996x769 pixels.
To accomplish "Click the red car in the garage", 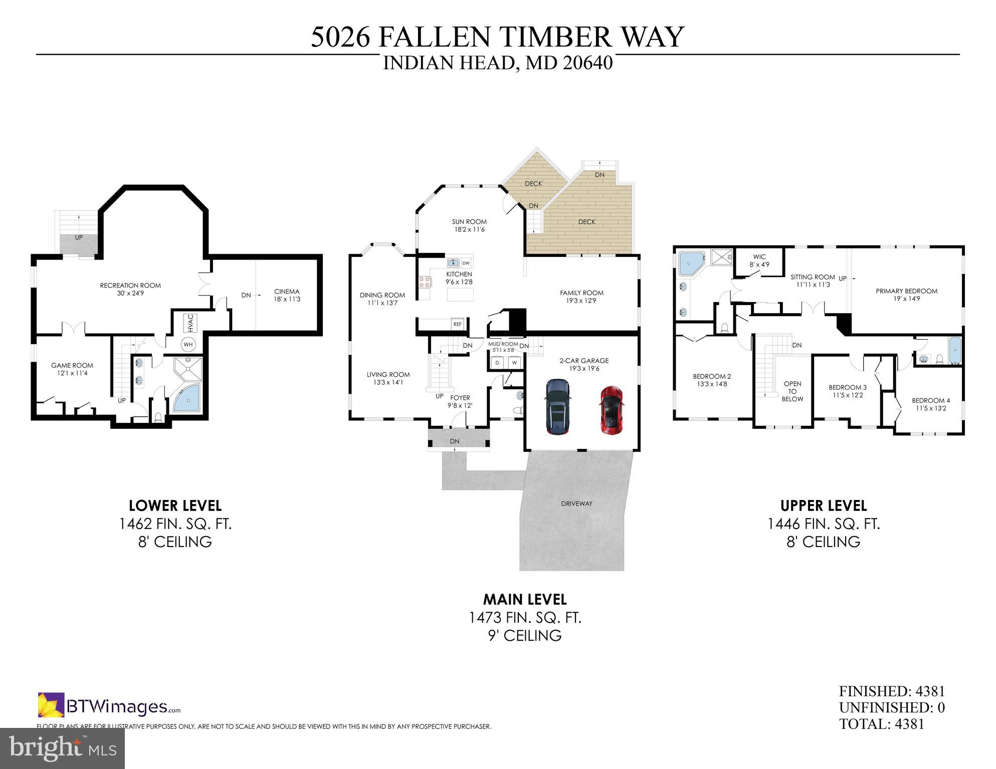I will click(611, 409).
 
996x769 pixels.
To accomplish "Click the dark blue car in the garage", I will click(557, 406).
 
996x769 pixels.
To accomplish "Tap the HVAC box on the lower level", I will click(189, 323).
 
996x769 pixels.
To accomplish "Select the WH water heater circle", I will click(188, 344).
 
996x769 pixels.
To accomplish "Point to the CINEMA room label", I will click(287, 292).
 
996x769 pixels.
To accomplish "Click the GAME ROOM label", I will click(72, 366).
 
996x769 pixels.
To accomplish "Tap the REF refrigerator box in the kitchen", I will click(457, 324).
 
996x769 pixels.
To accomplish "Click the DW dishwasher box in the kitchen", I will click(466, 263).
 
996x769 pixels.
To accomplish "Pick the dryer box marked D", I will click(497, 362).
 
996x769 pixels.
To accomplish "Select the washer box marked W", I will click(514, 362).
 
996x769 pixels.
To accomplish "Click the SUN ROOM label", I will click(469, 222).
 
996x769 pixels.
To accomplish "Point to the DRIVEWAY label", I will click(576, 503).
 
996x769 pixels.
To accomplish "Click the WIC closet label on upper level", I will click(759, 257).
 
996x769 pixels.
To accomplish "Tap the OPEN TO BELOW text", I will click(792, 391).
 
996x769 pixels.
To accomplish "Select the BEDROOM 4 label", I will click(930, 401).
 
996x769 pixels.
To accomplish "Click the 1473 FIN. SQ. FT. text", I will click(525, 618).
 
